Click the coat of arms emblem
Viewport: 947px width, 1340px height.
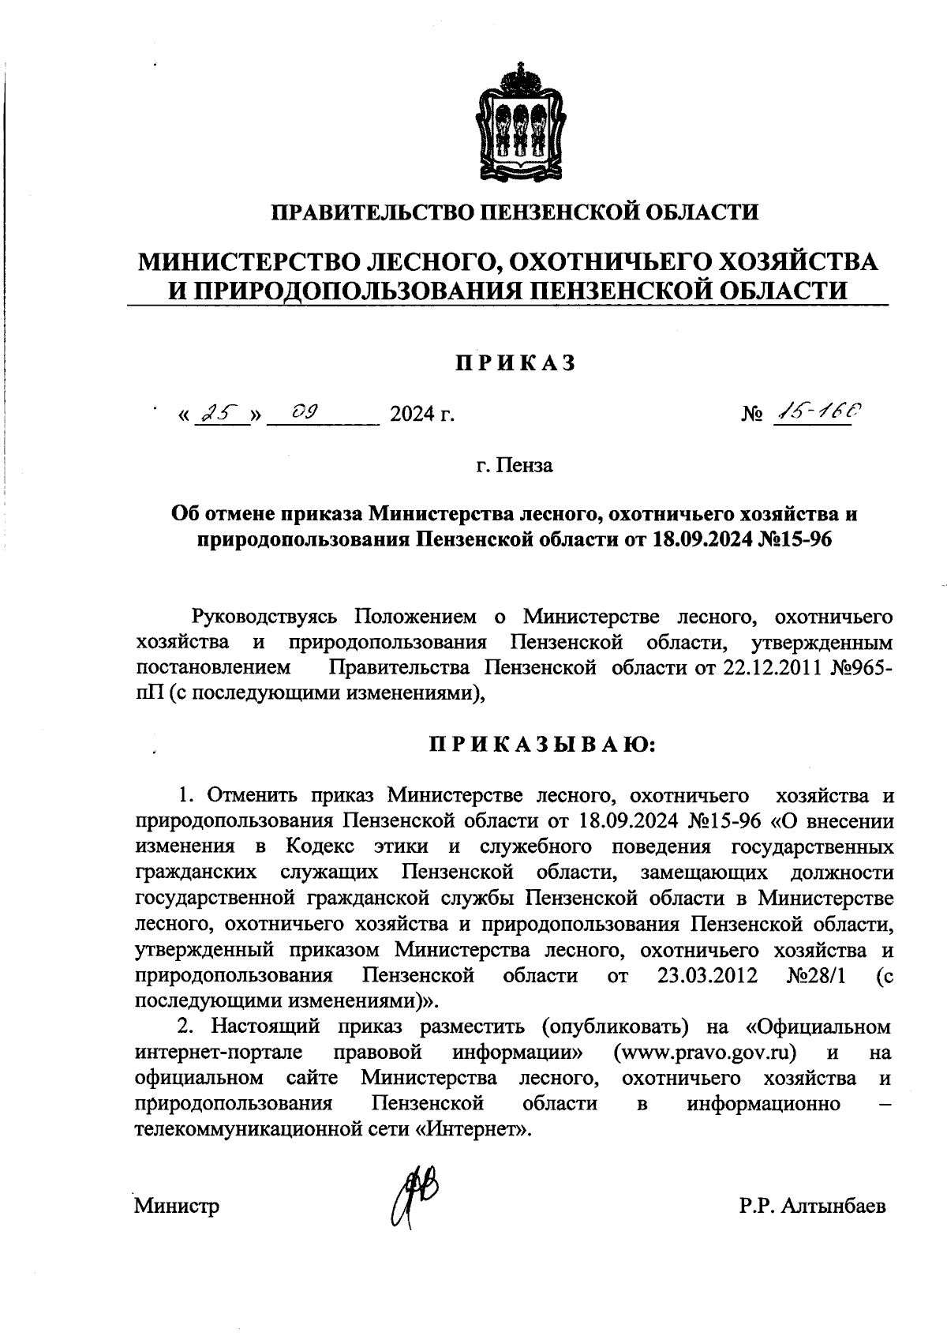pyautogui.click(x=519, y=120)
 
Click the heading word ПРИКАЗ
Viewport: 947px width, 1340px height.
pyautogui.click(x=515, y=362)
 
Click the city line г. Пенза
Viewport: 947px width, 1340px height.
pyautogui.click(x=515, y=465)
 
